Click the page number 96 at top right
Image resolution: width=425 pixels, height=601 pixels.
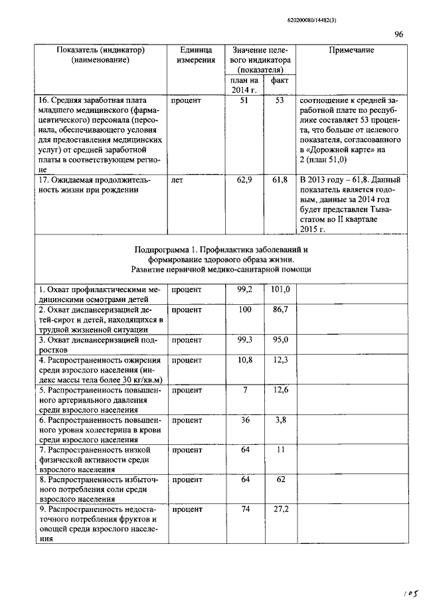coord(398,35)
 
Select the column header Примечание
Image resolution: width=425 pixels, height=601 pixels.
coord(351,50)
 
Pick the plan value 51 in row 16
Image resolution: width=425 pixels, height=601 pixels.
coord(244,100)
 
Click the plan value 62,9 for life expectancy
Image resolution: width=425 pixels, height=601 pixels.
coord(244,180)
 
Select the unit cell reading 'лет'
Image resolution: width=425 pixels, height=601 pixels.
coord(177,180)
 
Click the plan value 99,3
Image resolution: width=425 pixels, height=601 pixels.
coord(244,339)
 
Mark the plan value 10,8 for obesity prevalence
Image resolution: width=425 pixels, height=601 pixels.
coord(244,360)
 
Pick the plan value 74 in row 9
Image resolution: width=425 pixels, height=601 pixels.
coord(244,509)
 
